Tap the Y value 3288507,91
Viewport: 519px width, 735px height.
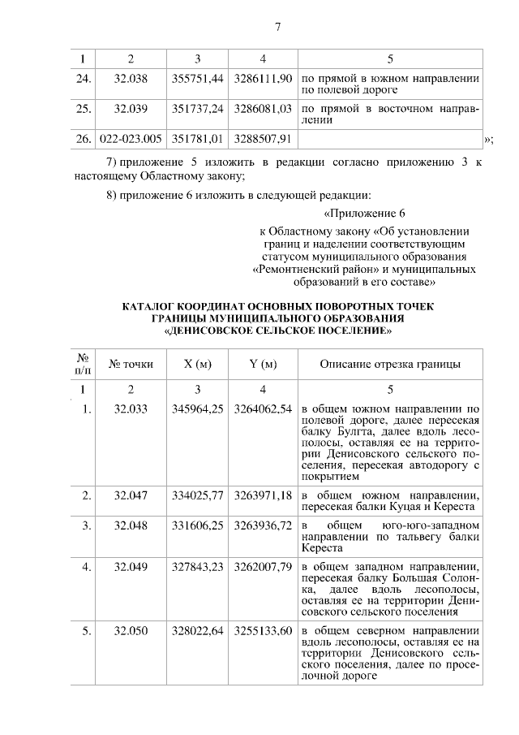[x=262, y=138]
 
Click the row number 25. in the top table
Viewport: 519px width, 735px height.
[x=83, y=108]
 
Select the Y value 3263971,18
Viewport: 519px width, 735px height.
[x=262, y=495]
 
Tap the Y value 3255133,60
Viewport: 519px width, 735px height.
[x=262, y=630]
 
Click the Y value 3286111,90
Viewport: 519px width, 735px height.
[x=262, y=80]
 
